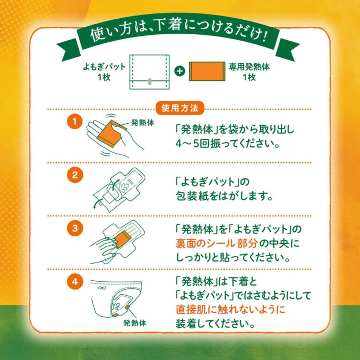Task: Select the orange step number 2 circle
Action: coord(76,175)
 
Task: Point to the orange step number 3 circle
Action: coord(76,228)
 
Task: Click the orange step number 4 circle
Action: coord(76,281)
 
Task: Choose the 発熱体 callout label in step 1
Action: coord(142,123)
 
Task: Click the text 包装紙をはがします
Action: coord(225,197)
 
